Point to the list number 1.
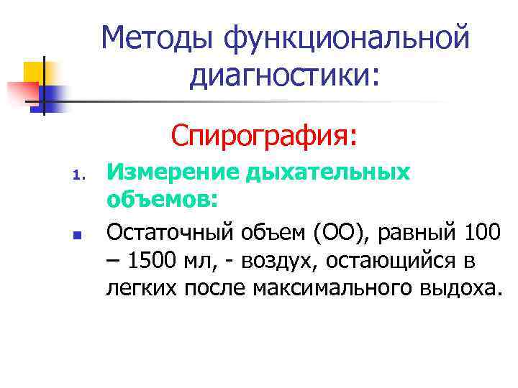80,175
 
